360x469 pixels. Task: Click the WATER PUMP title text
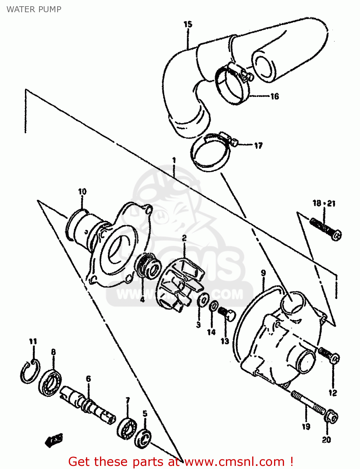click(34, 9)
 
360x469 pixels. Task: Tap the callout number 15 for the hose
click(187, 24)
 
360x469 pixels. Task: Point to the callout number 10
click(82, 192)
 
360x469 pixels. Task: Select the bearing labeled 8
click(50, 382)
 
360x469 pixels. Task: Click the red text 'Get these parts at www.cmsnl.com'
click(180, 461)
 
